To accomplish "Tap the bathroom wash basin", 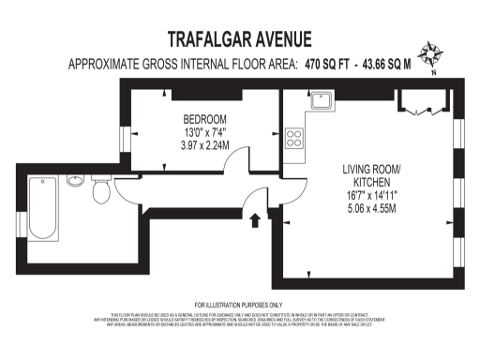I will click(75, 181).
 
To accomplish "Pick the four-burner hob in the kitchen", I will click(294, 138).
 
